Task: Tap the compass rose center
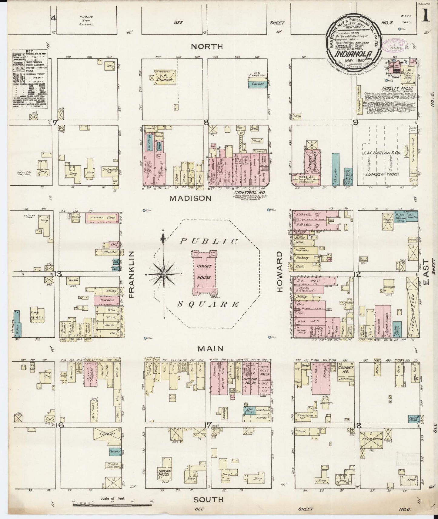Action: point(164,274)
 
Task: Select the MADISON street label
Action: point(190,198)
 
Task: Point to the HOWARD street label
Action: point(279,271)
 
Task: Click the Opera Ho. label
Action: point(251,381)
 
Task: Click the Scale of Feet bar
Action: point(112,505)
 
